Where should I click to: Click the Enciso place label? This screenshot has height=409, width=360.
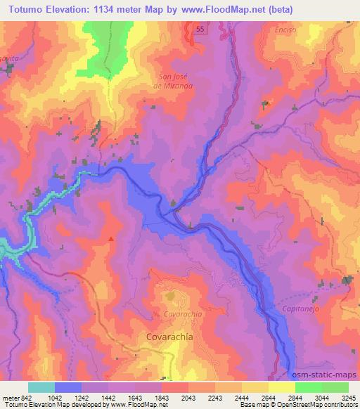pyautogui.click(x=277, y=32)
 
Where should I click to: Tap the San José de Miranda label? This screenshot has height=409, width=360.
pyautogui.click(x=174, y=82)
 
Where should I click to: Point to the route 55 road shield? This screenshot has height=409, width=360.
pyautogui.click(x=201, y=29)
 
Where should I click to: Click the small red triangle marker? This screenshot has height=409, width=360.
pyautogui.click(x=111, y=239)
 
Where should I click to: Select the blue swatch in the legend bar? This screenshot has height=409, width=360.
pyautogui.click(x=68, y=387)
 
